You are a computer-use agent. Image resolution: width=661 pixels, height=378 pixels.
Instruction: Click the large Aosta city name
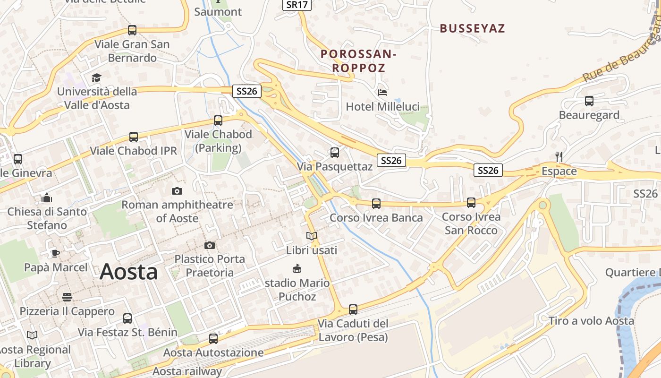point(129,272)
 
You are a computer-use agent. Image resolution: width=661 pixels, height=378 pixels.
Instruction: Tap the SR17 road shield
point(297,5)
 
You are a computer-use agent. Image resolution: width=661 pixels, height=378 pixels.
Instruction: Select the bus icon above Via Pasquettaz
point(335,153)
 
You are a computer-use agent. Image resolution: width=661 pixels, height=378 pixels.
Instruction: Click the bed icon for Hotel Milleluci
point(382,92)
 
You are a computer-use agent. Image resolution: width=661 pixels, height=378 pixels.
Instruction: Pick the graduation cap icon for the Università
point(97,77)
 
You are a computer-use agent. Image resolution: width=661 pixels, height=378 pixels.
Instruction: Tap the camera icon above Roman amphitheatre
point(177,191)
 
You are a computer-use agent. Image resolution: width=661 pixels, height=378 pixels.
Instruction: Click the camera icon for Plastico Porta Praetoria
point(210,245)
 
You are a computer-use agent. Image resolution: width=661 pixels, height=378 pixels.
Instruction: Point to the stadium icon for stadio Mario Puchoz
point(297,269)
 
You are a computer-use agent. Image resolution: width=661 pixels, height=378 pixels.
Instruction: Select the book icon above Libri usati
point(311,236)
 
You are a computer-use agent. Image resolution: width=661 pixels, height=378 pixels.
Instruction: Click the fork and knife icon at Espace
point(559,157)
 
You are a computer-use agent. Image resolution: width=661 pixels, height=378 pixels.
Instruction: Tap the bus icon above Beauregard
point(589,101)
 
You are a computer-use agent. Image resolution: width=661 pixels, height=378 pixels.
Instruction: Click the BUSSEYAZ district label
point(472,28)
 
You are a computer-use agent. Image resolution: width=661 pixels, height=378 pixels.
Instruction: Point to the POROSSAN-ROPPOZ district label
point(358,61)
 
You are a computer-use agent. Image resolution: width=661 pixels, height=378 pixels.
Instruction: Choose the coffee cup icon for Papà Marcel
point(56,253)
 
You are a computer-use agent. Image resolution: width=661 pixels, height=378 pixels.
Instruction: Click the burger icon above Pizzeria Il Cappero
point(67,297)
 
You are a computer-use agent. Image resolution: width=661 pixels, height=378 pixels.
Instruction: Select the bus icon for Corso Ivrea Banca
point(376,204)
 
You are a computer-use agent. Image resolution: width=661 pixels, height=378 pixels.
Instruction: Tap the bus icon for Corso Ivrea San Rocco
point(471,203)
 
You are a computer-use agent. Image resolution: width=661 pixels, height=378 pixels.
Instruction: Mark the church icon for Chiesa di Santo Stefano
point(47,198)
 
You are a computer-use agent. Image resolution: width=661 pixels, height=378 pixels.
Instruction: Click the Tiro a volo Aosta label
point(591,321)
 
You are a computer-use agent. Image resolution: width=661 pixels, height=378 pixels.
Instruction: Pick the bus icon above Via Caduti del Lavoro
point(353,309)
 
